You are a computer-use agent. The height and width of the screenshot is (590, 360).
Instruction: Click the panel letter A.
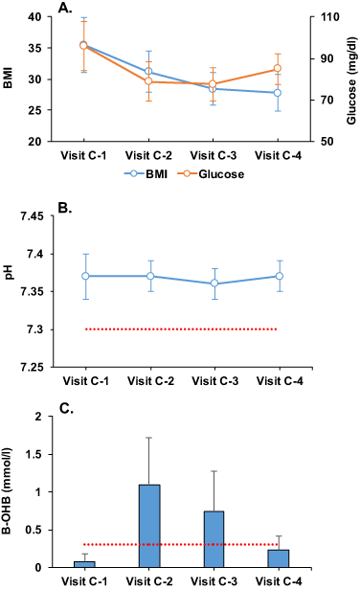pos(64,8)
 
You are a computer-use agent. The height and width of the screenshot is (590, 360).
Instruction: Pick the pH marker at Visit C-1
pos(86,276)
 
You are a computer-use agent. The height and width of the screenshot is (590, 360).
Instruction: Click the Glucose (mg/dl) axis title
pos(349,79)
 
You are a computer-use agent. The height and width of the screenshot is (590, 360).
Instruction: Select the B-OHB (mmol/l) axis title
pos(10,491)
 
